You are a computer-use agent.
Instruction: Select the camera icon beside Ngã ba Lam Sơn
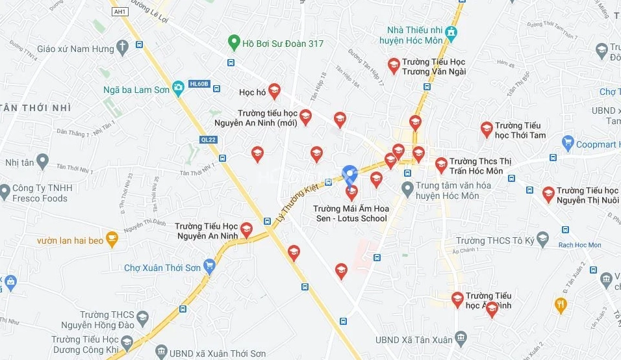coord(178,89)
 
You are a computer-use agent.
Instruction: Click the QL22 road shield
coord(207,139)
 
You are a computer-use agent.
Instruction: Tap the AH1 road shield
coord(120,12)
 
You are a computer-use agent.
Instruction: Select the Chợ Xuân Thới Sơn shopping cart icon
coord(209,266)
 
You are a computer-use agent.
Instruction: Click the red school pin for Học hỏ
coord(274,91)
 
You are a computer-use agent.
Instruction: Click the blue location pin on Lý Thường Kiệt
coord(350,173)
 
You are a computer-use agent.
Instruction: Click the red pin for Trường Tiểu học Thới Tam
coord(487,129)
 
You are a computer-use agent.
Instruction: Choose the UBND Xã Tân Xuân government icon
coord(461,338)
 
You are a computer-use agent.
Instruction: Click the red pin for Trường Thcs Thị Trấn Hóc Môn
coord(441,165)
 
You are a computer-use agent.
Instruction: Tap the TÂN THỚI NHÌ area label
coord(36,107)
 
